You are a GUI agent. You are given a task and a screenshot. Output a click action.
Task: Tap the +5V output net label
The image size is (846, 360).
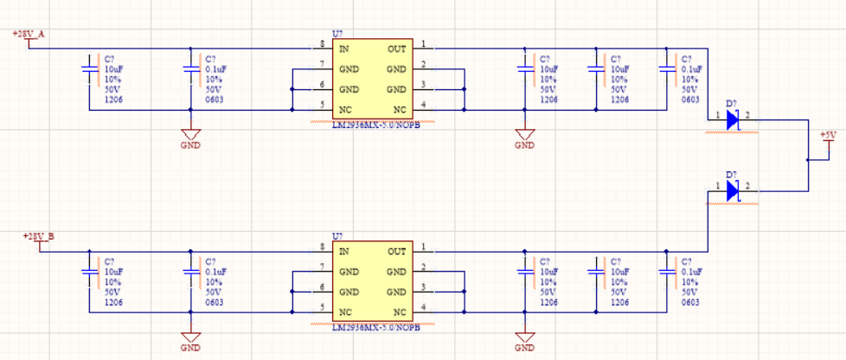[828, 135]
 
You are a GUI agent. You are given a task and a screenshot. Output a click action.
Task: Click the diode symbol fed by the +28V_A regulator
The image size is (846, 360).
[733, 119]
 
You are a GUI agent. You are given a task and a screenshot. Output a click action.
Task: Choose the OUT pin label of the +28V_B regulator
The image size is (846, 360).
[396, 252]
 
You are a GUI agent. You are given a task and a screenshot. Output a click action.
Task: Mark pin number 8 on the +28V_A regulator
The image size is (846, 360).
[322, 44]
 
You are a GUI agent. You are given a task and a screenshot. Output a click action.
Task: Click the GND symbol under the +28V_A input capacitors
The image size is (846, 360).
[190, 136]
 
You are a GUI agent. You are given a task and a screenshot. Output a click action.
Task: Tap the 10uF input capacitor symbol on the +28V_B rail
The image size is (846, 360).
[89, 271]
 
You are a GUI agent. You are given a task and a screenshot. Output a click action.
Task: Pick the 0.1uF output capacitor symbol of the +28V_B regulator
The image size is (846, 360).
[667, 271]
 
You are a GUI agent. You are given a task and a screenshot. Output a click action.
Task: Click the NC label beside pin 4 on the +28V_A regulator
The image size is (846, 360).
[399, 110]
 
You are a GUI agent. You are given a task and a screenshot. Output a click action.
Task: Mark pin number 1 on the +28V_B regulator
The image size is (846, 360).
[423, 247]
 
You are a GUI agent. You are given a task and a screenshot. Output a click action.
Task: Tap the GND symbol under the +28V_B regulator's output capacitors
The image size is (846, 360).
[524, 338]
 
